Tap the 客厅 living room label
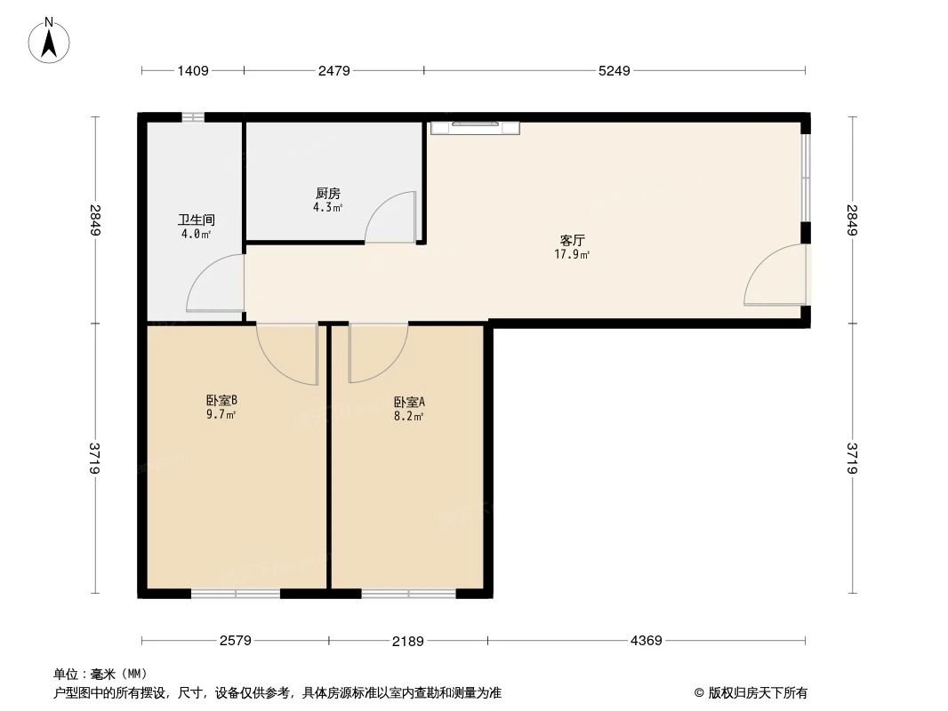tap(572, 240)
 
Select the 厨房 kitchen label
tap(328, 193)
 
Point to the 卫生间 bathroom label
tap(196, 220)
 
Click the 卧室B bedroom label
tap(221, 400)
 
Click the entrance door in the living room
tap(776, 276)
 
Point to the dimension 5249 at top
tap(614, 71)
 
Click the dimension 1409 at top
tap(192, 71)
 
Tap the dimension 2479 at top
tap(334, 71)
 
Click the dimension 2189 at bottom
tap(409, 640)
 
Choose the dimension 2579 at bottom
tap(236, 640)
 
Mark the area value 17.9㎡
tap(572, 253)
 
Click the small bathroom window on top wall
tap(192, 117)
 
